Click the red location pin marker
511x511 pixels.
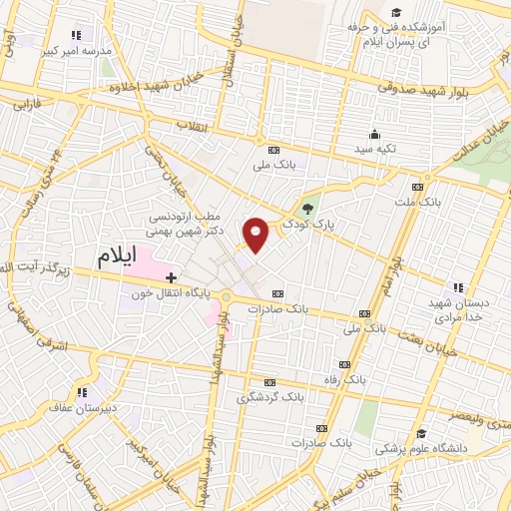coord(257,235)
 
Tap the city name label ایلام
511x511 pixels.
coord(117,255)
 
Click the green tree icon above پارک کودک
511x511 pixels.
coord(308,210)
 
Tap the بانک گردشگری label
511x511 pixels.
coord(269,396)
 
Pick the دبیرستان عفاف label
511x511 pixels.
coord(83,406)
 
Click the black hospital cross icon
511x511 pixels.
coord(171,276)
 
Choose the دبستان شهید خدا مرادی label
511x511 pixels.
coord(458,309)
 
